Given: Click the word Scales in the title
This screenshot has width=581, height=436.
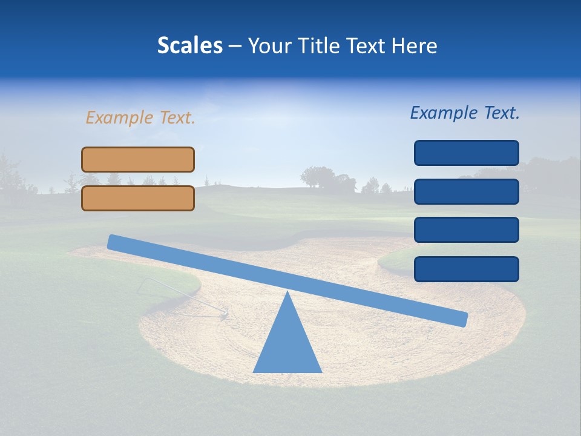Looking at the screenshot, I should coord(189,45).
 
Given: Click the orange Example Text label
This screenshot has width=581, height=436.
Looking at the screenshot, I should coord(140,117).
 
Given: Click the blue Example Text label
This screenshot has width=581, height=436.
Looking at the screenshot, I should coord(465,113).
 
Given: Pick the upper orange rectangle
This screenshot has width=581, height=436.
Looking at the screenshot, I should coord(138,159).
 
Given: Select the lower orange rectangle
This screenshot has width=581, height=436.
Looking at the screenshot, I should coord(138,198).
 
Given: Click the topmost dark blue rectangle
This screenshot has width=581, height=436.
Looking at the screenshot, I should coord(466,153).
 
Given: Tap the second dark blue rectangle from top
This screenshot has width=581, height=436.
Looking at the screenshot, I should coord(466,191).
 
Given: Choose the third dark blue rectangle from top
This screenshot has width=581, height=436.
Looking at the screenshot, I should coord(466,230).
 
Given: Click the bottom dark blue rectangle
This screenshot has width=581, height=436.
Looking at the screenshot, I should coord(466,269).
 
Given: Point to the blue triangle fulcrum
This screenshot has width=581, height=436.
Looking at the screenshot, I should coord(287,342).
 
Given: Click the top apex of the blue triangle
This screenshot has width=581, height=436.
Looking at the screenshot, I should coord(287,292).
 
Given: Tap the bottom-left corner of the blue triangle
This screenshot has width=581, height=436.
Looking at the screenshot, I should coord(254,372).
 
